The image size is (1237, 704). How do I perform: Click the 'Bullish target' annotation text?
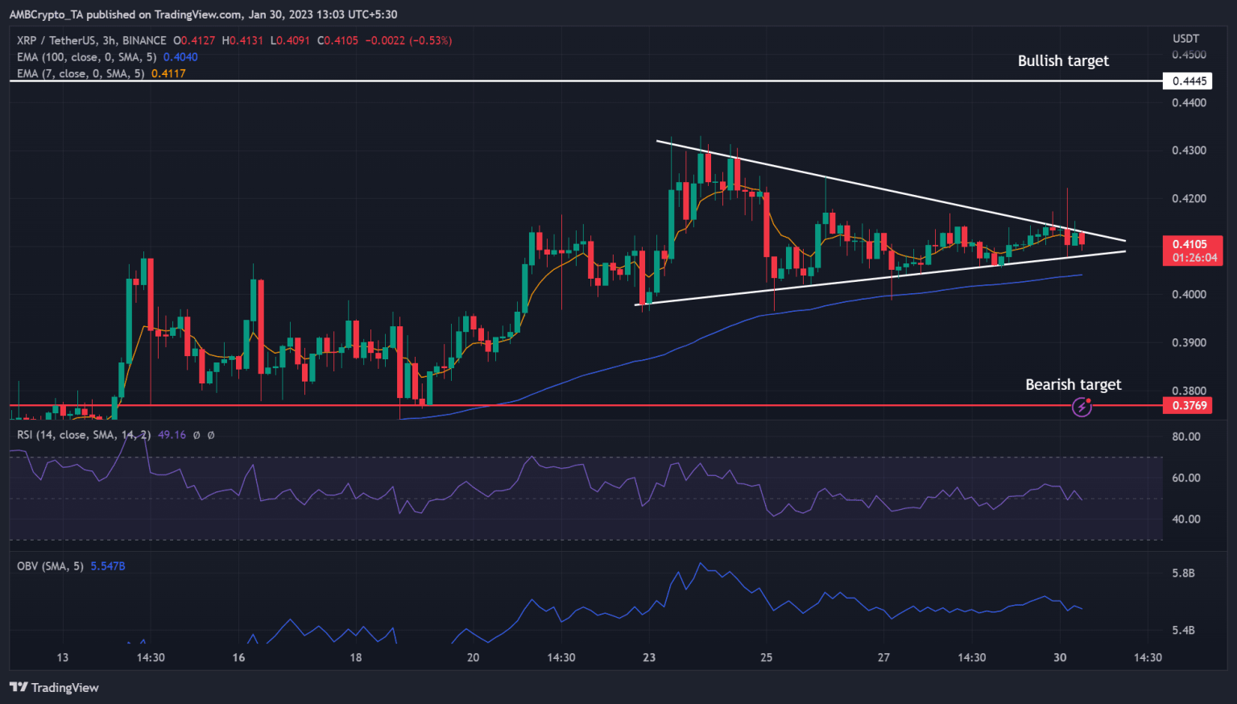pos(1063,61)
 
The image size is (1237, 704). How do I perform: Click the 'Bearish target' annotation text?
pos(1073,385)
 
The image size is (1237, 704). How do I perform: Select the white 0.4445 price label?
pos(1189,81)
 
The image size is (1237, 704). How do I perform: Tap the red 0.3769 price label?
pos(1189,406)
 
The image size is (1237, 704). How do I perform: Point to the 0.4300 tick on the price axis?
pos(1189,151)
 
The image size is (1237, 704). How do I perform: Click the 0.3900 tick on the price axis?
pos(1189,343)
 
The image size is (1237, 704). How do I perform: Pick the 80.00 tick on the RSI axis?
pos(1185,437)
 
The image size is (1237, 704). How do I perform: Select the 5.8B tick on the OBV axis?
pos(1183,574)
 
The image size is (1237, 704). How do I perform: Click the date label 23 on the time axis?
pos(649,657)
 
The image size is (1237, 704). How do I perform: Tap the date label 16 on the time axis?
pos(238,657)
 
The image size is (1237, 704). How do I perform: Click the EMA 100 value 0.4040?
pos(180,57)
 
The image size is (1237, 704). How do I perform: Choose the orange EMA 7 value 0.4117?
pos(168,73)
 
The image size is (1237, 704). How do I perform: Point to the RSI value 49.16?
pos(172,435)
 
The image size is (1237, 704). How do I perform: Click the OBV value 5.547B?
pos(108,566)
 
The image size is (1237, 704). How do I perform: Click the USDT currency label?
pos(1185,39)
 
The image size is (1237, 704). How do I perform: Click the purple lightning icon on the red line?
pos(1082,408)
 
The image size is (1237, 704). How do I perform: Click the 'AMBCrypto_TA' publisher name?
pos(46,14)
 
